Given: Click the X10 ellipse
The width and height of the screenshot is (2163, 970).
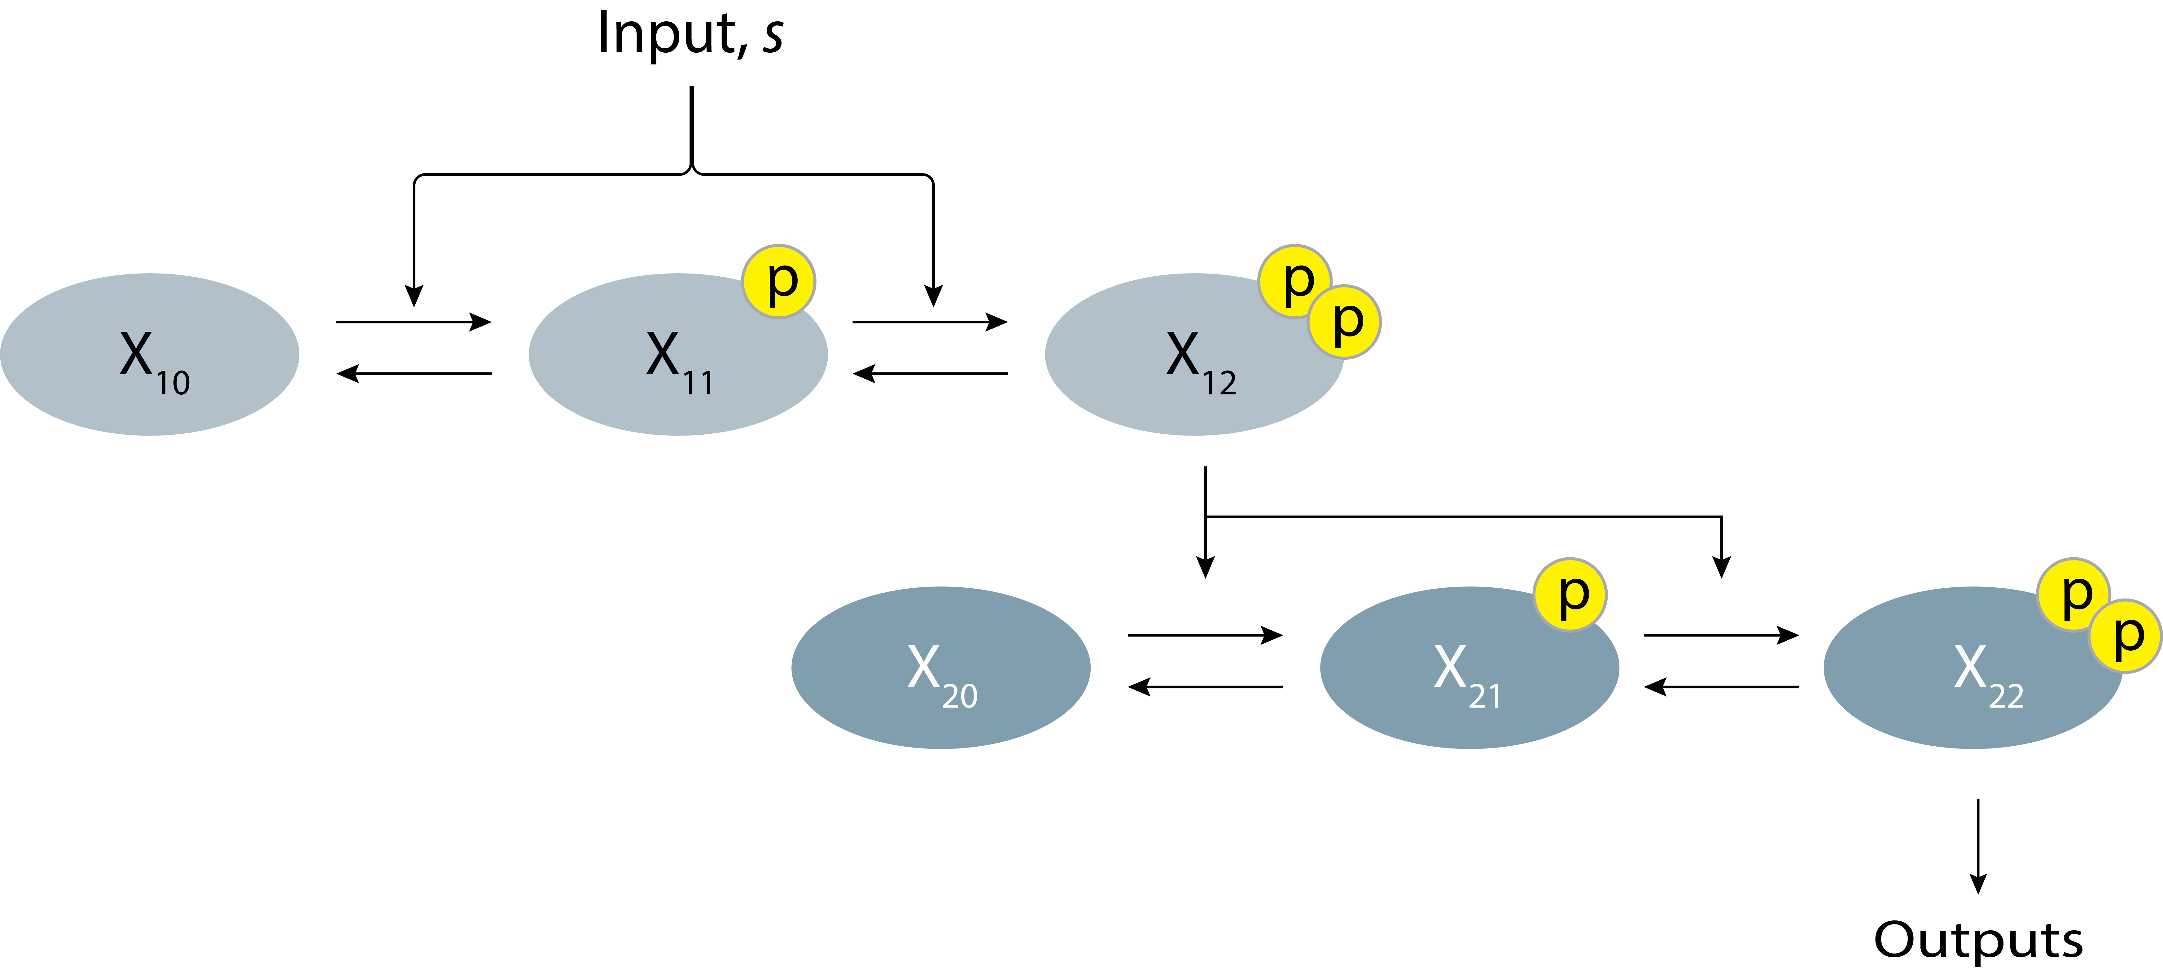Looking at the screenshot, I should click(150, 354).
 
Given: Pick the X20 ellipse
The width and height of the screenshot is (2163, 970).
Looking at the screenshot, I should click(940, 668).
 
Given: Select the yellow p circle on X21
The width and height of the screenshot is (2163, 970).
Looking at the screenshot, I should click(1570, 595).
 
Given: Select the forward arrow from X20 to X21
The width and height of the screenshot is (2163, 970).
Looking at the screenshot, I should click(1205, 635).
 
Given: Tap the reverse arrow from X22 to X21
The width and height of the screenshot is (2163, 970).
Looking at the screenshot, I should click(1721, 687).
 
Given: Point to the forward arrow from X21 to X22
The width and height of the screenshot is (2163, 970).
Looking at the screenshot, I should click(1721, 635).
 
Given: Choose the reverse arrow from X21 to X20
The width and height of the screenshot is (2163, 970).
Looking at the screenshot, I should click(1205, 687).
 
